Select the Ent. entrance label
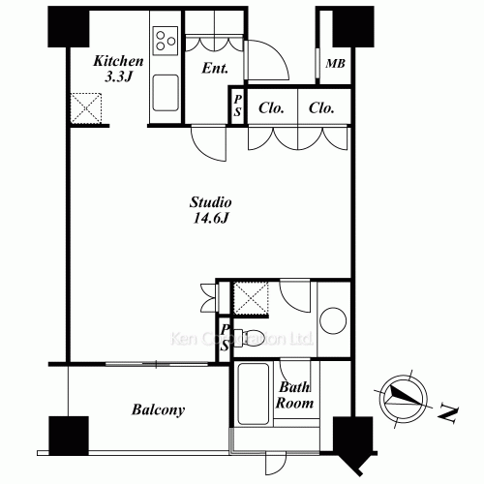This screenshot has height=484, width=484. pyautogui.click(x=215, y=70)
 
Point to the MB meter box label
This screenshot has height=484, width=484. pyautogui.click(x=335, y=65)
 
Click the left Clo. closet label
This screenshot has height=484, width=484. pyautogui.click(x=272, y=108)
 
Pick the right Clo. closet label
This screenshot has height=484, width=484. pyautogui.click(x=321, y=108)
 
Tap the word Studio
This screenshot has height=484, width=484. pyautogui.click(x=209, y=203)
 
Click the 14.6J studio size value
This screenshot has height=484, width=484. pyautogui.click(x=209, y=220)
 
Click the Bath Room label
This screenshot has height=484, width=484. pyautogui.click(x=295, y=395)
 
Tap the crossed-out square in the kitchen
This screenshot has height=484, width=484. pyautogui.click(x=91, y=106)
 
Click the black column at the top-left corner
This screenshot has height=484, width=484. pyautogui.click(x=65, y=29)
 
